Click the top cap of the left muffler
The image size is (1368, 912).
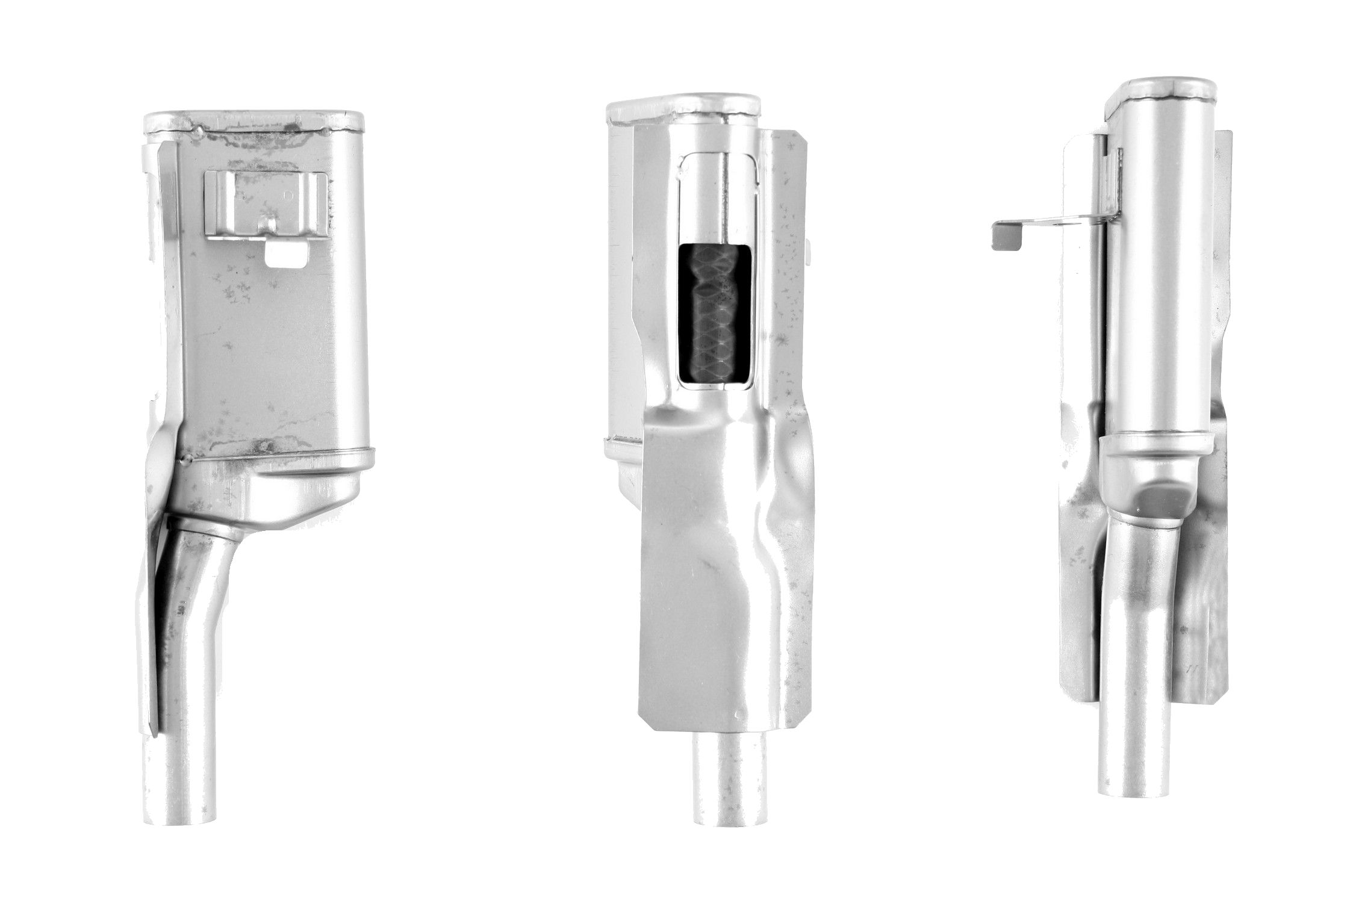pos(253,120)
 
